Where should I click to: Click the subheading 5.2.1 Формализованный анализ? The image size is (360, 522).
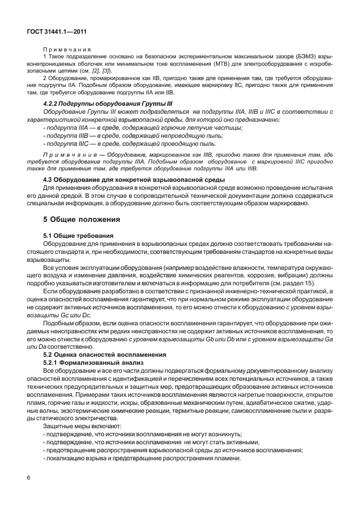91,362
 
